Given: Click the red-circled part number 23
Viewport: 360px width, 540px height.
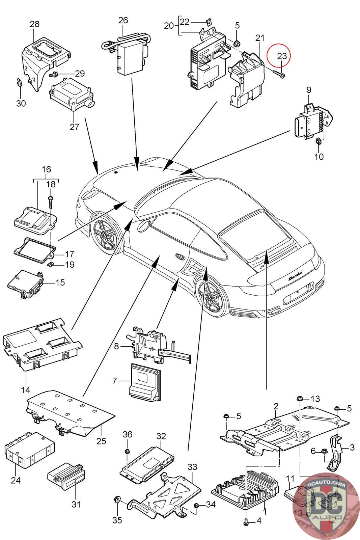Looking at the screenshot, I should tap(282, 56).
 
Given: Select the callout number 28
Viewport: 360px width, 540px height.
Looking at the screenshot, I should tap(34, 24).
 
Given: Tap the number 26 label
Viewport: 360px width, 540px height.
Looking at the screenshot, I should tap(123, 20).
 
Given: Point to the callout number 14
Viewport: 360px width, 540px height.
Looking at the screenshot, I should tap(26, 390).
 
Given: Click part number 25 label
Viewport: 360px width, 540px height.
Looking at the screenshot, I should tap(101, 441).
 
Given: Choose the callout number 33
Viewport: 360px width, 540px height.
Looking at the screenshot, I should tap(192, 467).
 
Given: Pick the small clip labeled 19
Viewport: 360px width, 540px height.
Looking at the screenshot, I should tap(51, 265).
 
